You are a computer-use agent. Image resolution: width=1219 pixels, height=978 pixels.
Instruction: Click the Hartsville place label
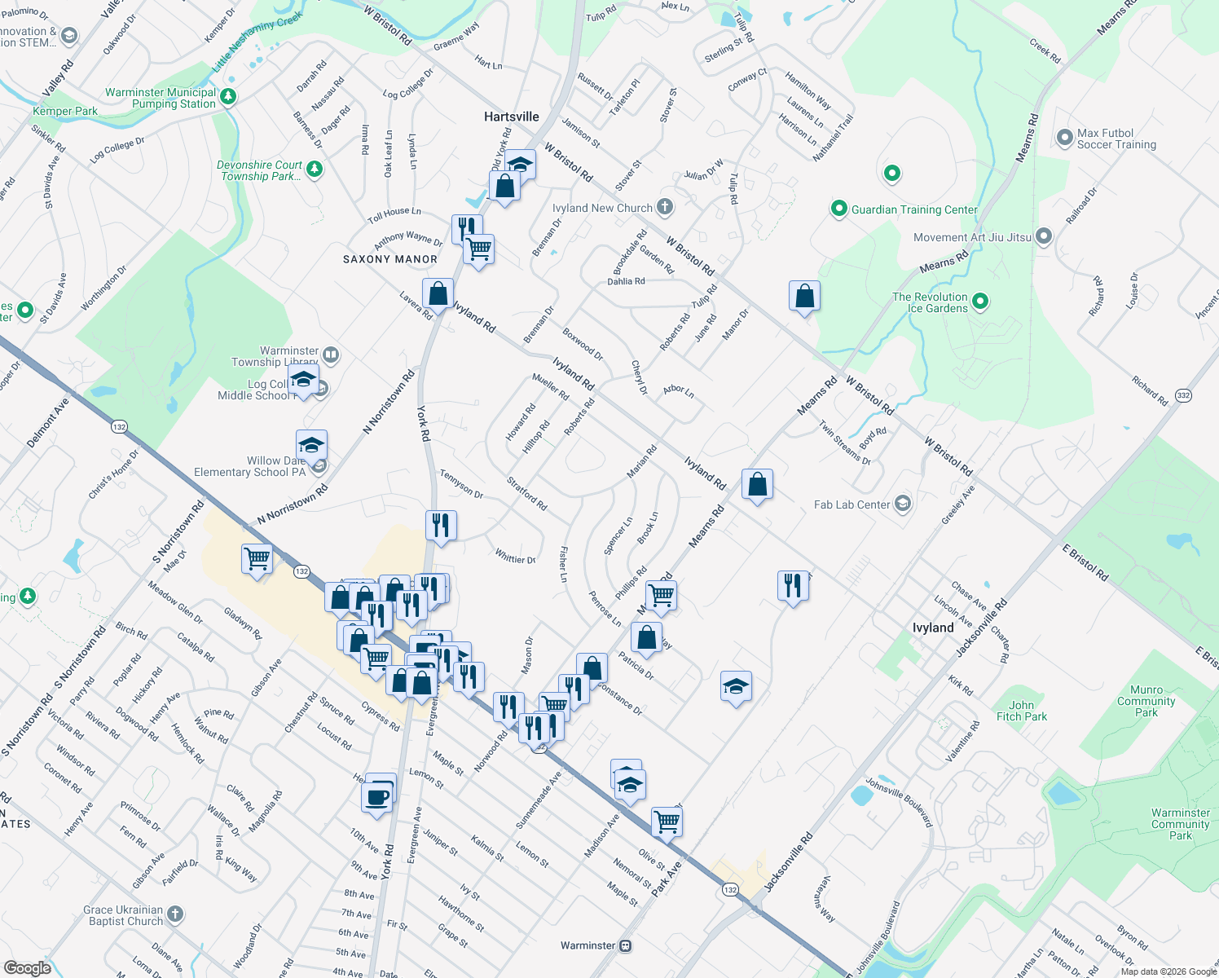coord(512,117)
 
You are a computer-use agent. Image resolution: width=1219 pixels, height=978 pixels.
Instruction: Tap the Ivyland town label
coord(933,628)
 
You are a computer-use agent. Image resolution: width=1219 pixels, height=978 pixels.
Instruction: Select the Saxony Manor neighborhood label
coord(390,259)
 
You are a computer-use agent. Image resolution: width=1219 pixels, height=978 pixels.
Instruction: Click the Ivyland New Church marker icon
coord(665,207)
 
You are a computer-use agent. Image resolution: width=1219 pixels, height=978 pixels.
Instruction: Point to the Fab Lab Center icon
coord(902,504)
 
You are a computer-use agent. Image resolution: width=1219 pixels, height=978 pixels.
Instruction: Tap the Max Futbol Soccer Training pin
coord(1064,138)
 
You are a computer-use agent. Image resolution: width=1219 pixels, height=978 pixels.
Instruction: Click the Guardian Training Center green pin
coord(839,209)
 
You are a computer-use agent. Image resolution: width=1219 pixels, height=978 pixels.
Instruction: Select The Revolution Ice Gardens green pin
coord(980,302)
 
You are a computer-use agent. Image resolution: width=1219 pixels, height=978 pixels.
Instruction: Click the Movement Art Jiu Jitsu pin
coord(1043,237)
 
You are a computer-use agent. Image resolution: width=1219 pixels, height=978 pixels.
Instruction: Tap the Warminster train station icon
coord(625,945)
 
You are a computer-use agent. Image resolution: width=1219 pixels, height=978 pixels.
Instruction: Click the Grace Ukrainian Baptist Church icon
coord(175,914)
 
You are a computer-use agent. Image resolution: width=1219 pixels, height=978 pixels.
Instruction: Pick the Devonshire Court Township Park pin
coord(315,170)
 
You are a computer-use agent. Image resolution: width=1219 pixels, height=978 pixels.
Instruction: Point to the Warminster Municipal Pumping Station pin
coord(228,97)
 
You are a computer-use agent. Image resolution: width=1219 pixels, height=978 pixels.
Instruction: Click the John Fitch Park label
coord(1022,711)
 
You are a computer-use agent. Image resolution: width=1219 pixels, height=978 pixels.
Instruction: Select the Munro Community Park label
coord(1146,701)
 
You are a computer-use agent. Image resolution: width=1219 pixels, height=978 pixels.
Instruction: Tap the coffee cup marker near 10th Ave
coord(377,796)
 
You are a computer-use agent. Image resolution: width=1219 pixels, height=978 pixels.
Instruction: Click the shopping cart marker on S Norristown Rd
coord(257,559)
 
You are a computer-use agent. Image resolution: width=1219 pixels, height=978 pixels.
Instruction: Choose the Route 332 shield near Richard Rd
coord(1183,395)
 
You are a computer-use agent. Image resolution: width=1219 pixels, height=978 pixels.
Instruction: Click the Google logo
coord(28,968)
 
